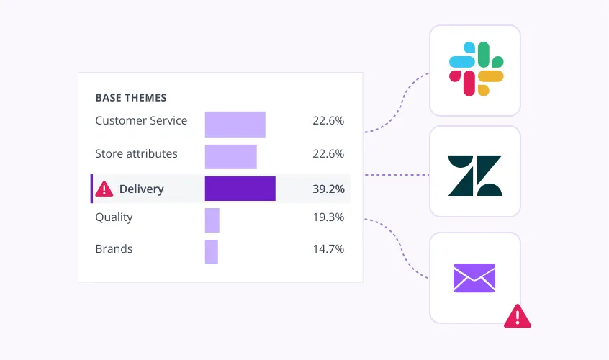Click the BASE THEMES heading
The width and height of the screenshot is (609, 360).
coord(131,97)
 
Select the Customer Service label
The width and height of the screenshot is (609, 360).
coord(141,120)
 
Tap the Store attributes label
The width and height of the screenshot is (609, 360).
coord(136,153)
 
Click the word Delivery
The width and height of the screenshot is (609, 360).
coord(141,189)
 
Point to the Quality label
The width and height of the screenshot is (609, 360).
coord(114,217)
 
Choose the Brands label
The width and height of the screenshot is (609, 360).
coord(114,248)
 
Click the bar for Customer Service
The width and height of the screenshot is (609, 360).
coord(235,125)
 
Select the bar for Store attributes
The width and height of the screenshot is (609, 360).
coord(231,157)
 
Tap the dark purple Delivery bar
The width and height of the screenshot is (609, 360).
coord(240,189)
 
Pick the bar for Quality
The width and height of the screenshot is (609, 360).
coord(212,220)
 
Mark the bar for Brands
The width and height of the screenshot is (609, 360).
coord(212,252)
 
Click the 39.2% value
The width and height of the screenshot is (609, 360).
coord(328,189)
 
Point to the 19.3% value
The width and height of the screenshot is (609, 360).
coord(328,217)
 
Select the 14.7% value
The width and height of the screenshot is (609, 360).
coord(328,248)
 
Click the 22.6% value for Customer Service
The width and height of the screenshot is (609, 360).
coord(328,120)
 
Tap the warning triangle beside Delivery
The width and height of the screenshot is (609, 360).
coord(104,189)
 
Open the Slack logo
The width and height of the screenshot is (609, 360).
coord(476,68)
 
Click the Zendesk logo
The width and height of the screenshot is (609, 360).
coord(475,176)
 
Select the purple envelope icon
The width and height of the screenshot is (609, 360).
coord(474,278)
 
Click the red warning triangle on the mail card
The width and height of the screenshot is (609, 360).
coord(518,318)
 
